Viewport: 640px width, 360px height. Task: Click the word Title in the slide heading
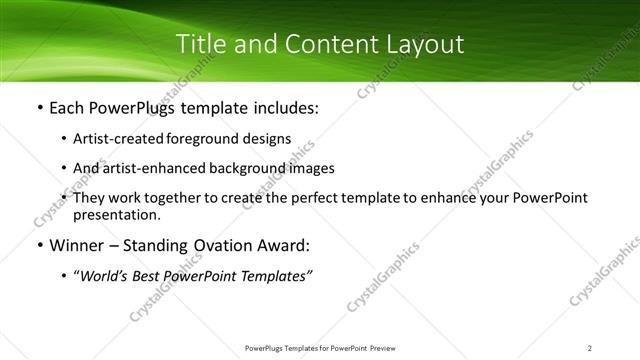pyautogui.click(x=200, y=45)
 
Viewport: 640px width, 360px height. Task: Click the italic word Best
pyautogui.click(x=150, y=275)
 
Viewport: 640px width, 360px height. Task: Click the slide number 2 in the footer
pyautogui.click(x=590, y=347)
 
